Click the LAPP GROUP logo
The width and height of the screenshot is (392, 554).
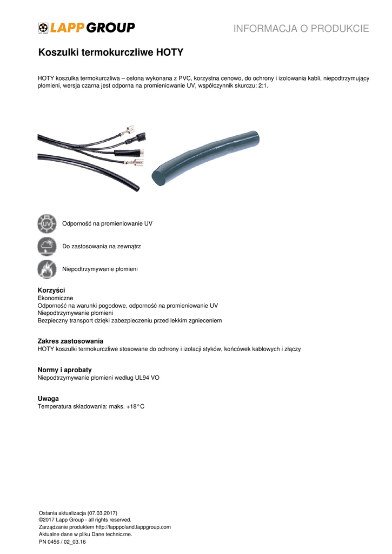tap(87, 28)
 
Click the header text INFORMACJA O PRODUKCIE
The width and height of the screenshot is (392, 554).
tap(301, 29)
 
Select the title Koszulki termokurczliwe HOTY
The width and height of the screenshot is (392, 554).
tap(111, 53)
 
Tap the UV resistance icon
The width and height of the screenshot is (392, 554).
tap(47, 223)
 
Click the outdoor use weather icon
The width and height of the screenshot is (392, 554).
tap(47, 246)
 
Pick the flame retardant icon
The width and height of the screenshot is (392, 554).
tap(47, 269)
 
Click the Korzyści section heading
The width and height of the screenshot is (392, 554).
tap(51, 291)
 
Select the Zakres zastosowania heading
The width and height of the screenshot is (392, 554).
tap(70, 341)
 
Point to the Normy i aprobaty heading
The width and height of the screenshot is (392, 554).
tap(64, 370)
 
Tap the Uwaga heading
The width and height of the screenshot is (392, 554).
tap(48, 399)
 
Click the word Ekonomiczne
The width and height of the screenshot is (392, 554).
tap(55, 298)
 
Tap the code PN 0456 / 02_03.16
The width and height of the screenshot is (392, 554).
tap(62, 541)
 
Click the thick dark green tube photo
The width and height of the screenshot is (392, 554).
tap(205, 158)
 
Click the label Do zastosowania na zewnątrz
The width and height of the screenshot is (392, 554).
tap(102, 246)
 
